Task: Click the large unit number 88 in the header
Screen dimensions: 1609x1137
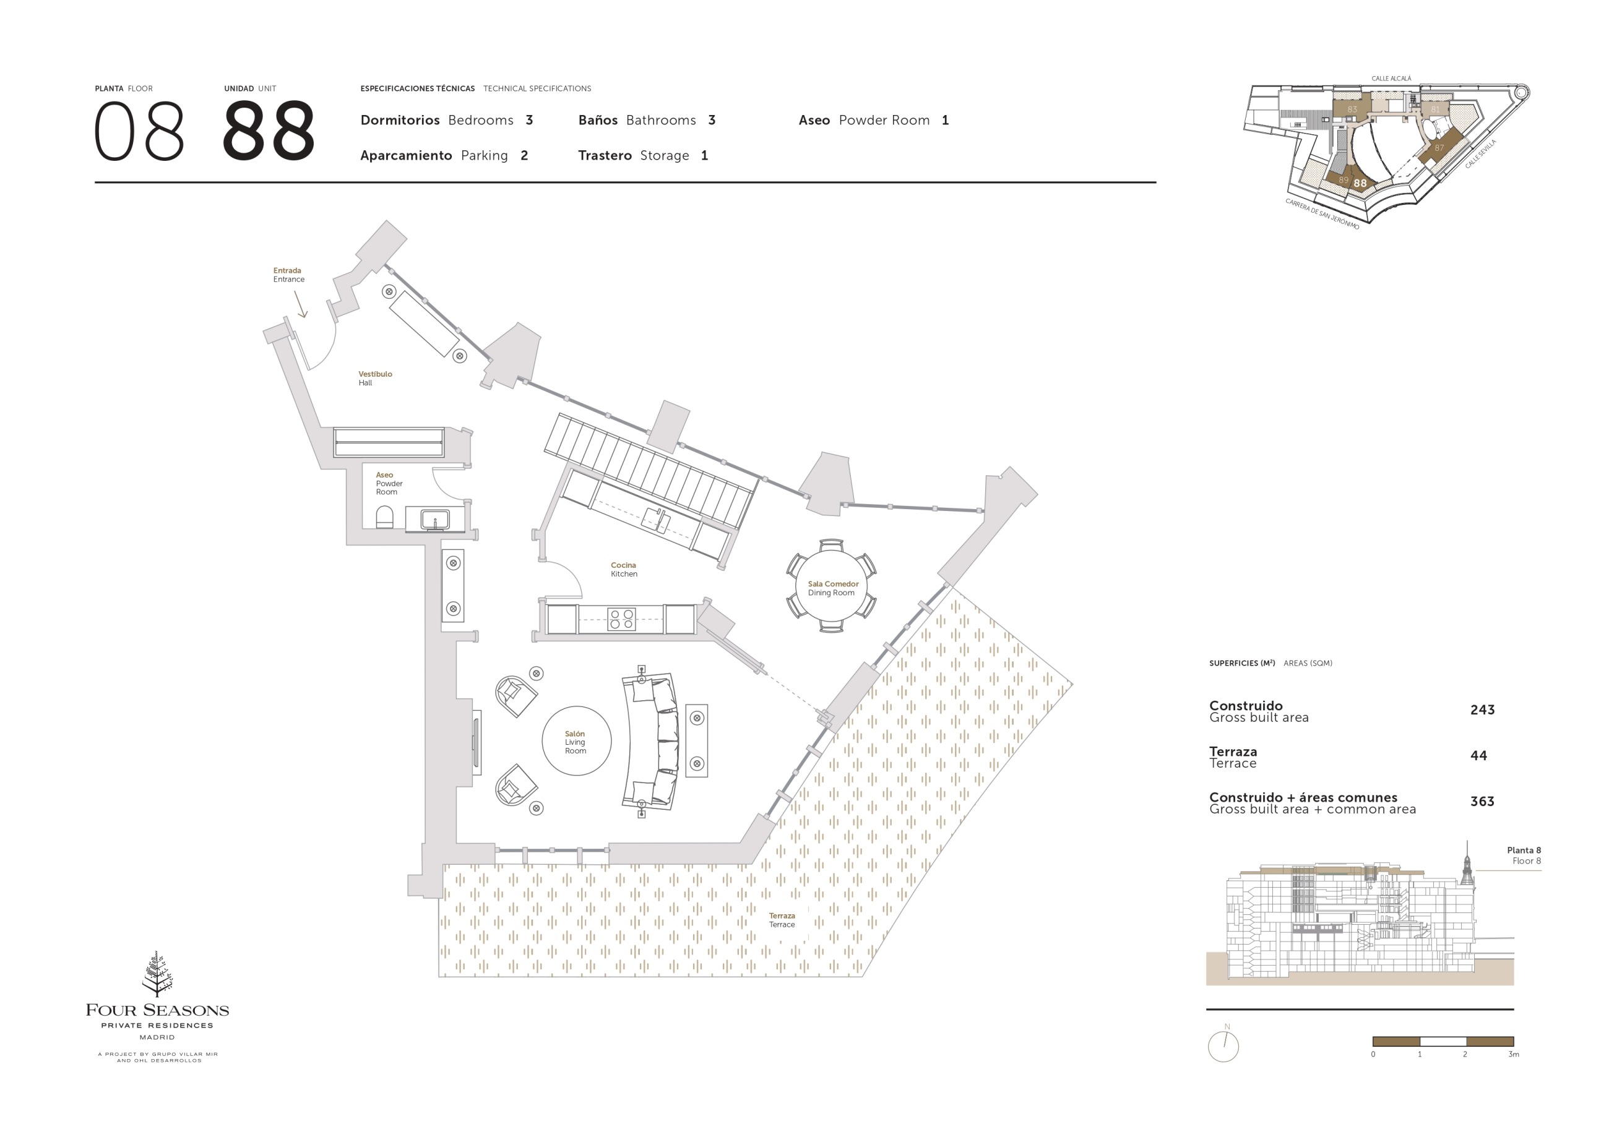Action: (269, 131)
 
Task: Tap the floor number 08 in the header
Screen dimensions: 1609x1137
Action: (139, 131)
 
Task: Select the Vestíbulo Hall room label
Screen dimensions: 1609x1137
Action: (375, 379)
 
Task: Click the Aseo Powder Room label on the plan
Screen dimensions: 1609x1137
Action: (389, 483)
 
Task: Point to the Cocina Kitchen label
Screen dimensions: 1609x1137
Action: (624, 570)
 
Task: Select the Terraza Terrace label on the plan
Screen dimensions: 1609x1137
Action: (782, 920)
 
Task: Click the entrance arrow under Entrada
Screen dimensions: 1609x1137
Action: (300, 304)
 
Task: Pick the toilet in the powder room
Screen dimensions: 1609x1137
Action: (384, 518)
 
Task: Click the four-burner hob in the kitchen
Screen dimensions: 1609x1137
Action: (621, 619)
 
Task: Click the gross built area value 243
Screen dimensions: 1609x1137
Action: (1482, 710)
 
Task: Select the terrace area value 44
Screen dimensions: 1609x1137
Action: (1478, 755)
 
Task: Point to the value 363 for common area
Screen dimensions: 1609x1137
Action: (1482, 802)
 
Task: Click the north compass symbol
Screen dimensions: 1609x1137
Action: (1223, 1045)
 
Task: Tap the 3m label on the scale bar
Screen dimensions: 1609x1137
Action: (1514, 1054)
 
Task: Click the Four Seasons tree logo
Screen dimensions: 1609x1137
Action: (158, 974)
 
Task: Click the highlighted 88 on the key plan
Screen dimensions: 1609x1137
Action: (1360, 184)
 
